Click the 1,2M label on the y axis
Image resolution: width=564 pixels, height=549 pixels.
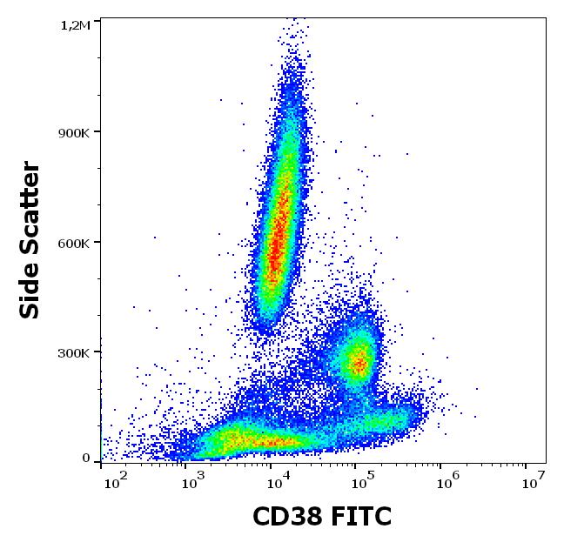[x=75, y=25]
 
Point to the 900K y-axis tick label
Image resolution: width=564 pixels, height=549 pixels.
[x=75, y=132]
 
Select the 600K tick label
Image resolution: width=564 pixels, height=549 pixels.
[x=75, y=243]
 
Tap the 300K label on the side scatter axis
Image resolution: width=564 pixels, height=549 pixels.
[x=75, y=353]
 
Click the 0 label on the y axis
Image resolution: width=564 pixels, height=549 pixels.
[x=86, y=458]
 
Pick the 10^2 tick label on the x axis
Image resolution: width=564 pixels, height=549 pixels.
[x=116, y=478]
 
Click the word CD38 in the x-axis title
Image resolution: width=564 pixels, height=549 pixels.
[x=285, y=518]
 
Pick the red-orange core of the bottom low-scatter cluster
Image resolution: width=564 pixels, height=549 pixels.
[x=261, y=442]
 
